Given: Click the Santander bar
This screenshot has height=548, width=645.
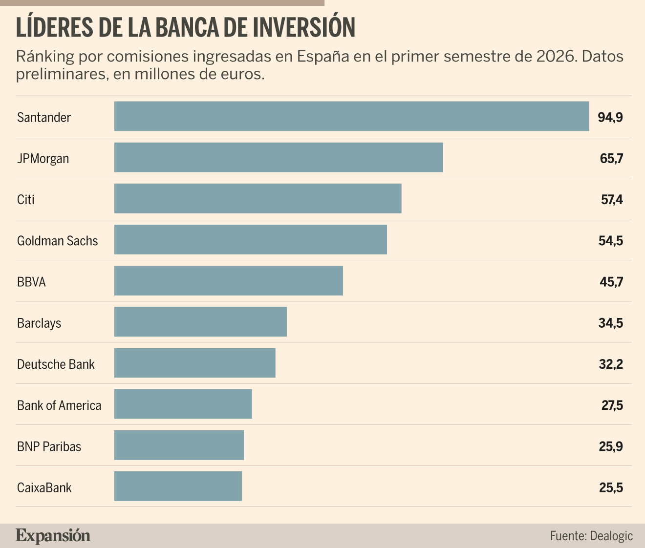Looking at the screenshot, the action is click(352, 116).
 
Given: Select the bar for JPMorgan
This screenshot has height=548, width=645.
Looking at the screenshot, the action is click(279, 157).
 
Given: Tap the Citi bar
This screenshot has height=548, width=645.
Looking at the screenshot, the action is click(258, 198).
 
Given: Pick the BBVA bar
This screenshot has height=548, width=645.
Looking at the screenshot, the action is click(228, 281).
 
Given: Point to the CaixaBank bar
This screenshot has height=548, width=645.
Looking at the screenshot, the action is click(178, 486).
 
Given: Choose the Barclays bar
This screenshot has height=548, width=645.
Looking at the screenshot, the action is click(200, 322).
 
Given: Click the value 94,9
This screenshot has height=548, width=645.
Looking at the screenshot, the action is click(610, 118).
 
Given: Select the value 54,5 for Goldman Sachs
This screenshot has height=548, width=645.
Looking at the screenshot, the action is click(611, 241).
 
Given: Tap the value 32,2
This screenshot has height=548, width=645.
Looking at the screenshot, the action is click(611, 364).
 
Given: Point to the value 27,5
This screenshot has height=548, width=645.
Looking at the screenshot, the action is click(612, 405).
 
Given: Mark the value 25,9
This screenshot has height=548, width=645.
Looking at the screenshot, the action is click(611, 446).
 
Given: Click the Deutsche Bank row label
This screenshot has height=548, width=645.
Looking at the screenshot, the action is click(56, 364).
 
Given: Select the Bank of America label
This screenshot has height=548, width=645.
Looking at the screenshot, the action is click(59, 405).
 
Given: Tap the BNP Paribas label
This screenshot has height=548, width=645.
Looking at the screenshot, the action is click(49, 446).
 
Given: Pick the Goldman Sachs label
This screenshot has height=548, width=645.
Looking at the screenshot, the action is click(58, 241).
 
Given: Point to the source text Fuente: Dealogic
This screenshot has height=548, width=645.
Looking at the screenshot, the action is click(591, 536).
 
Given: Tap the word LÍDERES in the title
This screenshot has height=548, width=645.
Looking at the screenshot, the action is click(55, 27).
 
